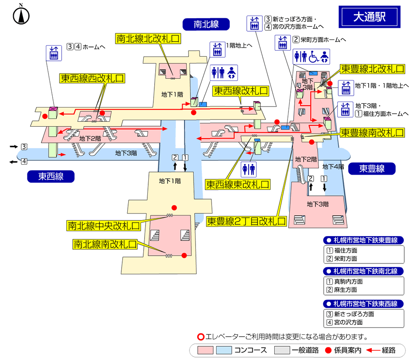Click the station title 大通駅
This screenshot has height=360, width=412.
[369, 17]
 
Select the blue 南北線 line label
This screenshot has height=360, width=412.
[206, 24]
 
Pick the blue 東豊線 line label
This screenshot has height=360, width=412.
[372, 169]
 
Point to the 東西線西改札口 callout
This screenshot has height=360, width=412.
[92, 78]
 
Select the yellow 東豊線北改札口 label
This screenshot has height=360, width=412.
[373, 69]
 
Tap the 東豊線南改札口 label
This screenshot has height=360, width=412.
[372, 133]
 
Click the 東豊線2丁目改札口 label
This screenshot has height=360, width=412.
[246, 221]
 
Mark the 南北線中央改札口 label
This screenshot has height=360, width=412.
[103, 226]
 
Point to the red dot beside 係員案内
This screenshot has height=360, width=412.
[328, 351]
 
